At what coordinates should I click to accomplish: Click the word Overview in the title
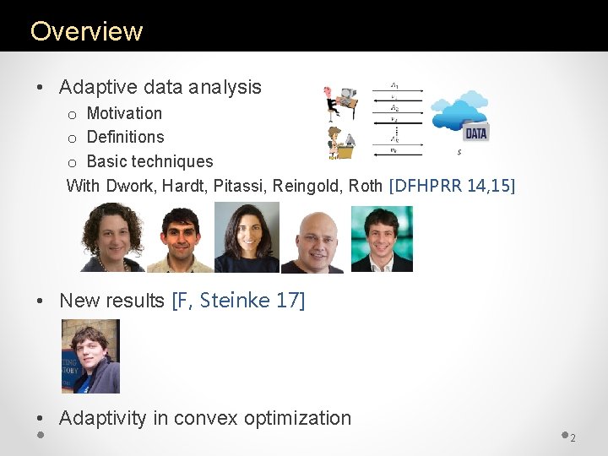87,31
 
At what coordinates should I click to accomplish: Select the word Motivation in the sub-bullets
124,113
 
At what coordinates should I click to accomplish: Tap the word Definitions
125,137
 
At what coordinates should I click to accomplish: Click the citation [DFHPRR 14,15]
451,186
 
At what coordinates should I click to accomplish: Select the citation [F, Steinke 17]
238,301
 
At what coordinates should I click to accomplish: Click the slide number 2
573,437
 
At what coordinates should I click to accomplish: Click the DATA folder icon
476,133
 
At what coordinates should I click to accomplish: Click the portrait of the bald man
312,242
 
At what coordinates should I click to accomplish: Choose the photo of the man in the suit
382,239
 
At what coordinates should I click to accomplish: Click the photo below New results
90,356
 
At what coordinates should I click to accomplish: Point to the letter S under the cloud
459,153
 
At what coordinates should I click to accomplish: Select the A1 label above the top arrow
395,85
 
